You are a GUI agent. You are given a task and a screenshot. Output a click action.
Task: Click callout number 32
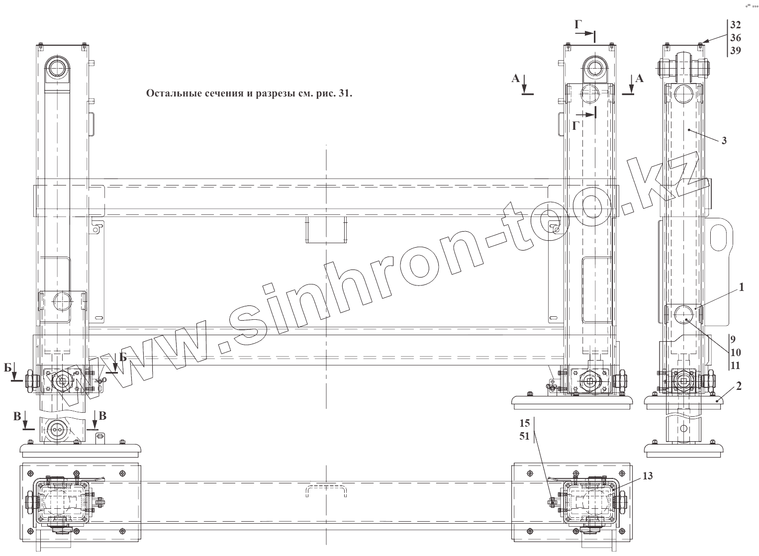click(x=735, y=25)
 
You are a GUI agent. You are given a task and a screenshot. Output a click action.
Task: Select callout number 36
click(x=735, y=38)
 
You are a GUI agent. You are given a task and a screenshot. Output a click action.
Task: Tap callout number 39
click(x=735, y=51)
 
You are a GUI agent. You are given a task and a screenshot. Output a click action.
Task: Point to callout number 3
click(x=724, y=141)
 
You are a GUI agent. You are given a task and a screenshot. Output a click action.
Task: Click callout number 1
click(x=742, y=287)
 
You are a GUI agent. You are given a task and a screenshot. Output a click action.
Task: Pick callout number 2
click(x=739, y=386)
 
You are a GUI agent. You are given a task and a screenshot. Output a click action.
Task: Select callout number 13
click(x=648, y=476)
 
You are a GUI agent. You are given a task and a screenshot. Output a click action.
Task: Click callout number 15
click(x=525, y=423)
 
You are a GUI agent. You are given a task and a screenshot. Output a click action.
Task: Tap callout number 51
click(x=525, y=436)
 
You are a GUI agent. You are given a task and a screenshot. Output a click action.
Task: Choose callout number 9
click(x=733, y=339)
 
